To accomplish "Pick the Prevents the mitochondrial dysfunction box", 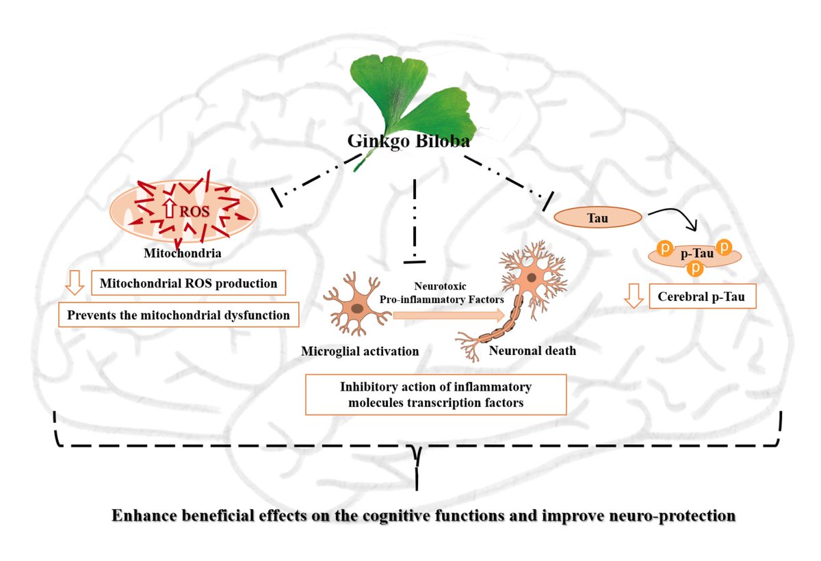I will coord(179,315).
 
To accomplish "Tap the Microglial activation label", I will coord(360,351).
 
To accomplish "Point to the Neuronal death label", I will coord(532,351).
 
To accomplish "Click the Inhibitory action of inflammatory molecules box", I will coord(436,395).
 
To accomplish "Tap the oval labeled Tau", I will coord(597,218).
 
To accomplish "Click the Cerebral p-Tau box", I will coord(702,297).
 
